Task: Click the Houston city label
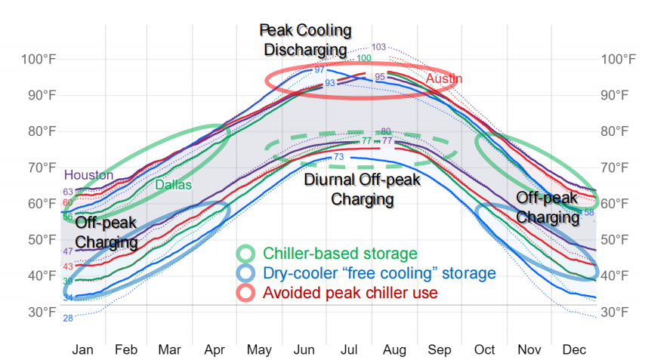[x=88, y=175]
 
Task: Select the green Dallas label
[x=173, y=184]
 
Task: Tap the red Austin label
[x=443, y=79]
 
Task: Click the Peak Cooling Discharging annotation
[x=305, y=40]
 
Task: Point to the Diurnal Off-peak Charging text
[x=362, y=189]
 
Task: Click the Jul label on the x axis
[x=350, y=350]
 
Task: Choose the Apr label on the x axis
[x=216, y=350]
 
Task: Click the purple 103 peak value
[x=379, y=47]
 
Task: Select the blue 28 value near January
[x=68, y=318]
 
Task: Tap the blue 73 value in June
[x=339, y=157]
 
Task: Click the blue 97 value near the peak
[x=319, y=69]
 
